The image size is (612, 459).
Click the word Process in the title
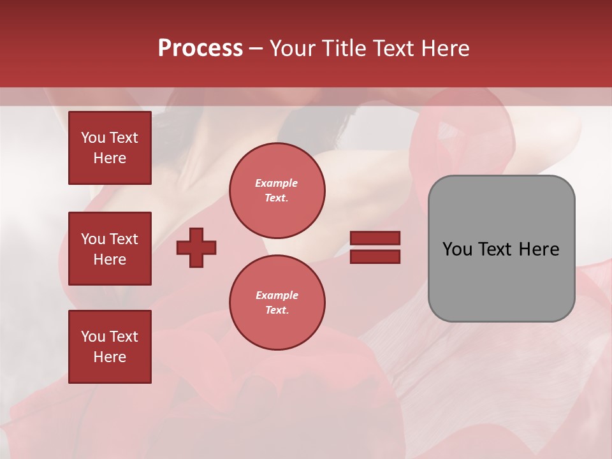(200, 48)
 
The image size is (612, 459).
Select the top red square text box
(110, 148)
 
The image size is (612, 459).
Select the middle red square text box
(110, 249)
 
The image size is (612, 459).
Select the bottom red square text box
(110, 347)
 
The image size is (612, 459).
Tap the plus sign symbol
(196, 247)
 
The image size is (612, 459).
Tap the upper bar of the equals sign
(375, 238)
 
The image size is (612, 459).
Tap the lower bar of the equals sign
(375, 256)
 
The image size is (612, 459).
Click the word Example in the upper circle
(276, 183)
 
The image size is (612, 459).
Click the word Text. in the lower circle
(277, 310)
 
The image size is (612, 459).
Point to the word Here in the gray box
(539, 249)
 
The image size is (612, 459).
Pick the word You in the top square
(93, 138)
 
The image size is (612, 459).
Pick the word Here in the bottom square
(110, 357)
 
